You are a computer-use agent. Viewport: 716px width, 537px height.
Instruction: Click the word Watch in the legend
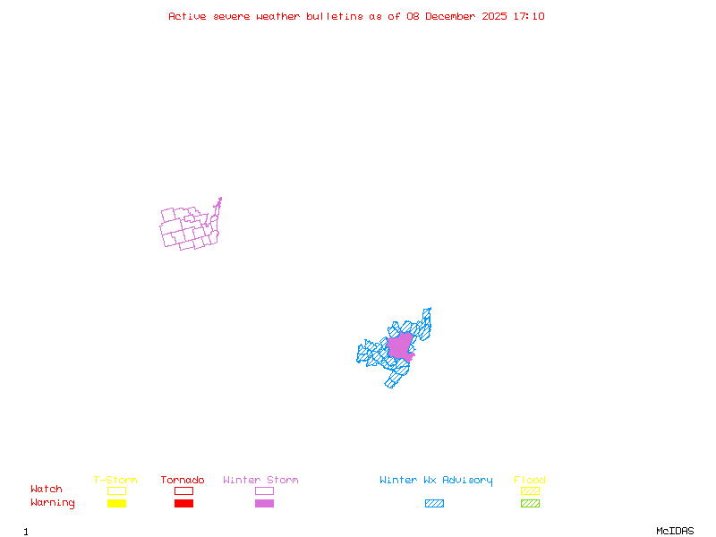pos(47,490)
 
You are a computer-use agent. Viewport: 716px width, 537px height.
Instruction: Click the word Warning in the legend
pos(53,503)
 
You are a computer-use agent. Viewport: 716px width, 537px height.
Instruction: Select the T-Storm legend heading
pos(115,481)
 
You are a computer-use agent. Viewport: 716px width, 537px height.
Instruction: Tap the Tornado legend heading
pos(183,481)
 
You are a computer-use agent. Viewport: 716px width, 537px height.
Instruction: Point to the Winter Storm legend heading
pos(260,481)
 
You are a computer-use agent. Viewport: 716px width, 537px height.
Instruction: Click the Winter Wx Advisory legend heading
pos(436,481)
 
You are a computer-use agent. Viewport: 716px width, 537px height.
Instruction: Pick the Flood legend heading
pos(530,481)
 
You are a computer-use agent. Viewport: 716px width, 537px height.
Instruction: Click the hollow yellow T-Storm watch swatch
pos(116,490)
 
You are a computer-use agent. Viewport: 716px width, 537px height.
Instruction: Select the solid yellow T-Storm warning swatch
pos(116,504)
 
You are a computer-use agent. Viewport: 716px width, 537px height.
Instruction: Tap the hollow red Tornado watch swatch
pos(183,490)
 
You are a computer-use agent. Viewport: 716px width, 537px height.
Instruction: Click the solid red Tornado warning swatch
pos(183,504)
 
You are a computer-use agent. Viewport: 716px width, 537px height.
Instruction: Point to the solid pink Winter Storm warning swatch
pos(264,504)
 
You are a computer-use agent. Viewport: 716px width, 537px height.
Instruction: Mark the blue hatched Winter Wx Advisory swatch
pos(434,504)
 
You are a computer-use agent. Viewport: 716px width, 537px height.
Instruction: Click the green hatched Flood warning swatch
pos(530,504)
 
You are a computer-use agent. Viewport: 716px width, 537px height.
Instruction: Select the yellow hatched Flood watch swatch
pos(530,490)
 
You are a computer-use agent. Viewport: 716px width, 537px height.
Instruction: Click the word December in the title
pos(454,16)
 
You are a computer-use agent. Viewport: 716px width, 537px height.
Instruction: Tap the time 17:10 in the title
pos(528,16)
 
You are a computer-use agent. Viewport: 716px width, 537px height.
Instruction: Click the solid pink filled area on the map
pos(399,346)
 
